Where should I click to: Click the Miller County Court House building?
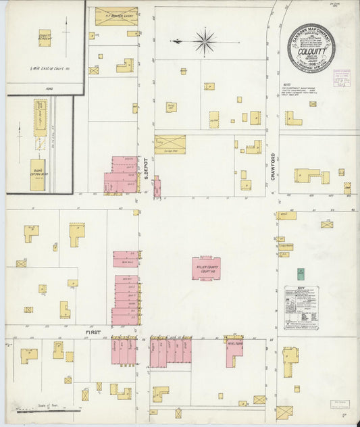click(206, 268)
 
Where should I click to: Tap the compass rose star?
click(205, 42)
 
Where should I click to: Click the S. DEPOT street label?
click(146, 168)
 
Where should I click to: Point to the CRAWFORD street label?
click(274, 165)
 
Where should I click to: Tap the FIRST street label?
click(93, 333)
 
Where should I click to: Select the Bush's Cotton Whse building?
click(38, 168)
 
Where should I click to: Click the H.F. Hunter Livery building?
click(115, 16)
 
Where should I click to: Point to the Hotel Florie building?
click(233, 350)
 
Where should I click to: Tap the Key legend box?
click(301, 309)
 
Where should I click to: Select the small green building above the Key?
click(301, 274)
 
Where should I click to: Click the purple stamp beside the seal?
click(342, 78)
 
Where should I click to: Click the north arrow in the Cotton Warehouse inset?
click(20, 131)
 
